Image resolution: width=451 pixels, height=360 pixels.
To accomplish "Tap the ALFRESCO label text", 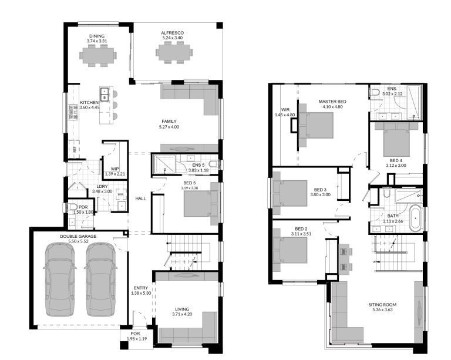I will point(174,33).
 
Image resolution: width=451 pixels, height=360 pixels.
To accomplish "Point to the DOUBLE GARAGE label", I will point(78,236).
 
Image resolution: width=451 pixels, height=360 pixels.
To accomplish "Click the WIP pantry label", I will point(115,170).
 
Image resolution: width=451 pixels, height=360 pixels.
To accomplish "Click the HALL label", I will point(140,198).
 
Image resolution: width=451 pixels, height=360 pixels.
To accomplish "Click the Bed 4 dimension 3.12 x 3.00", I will point(396,165).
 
